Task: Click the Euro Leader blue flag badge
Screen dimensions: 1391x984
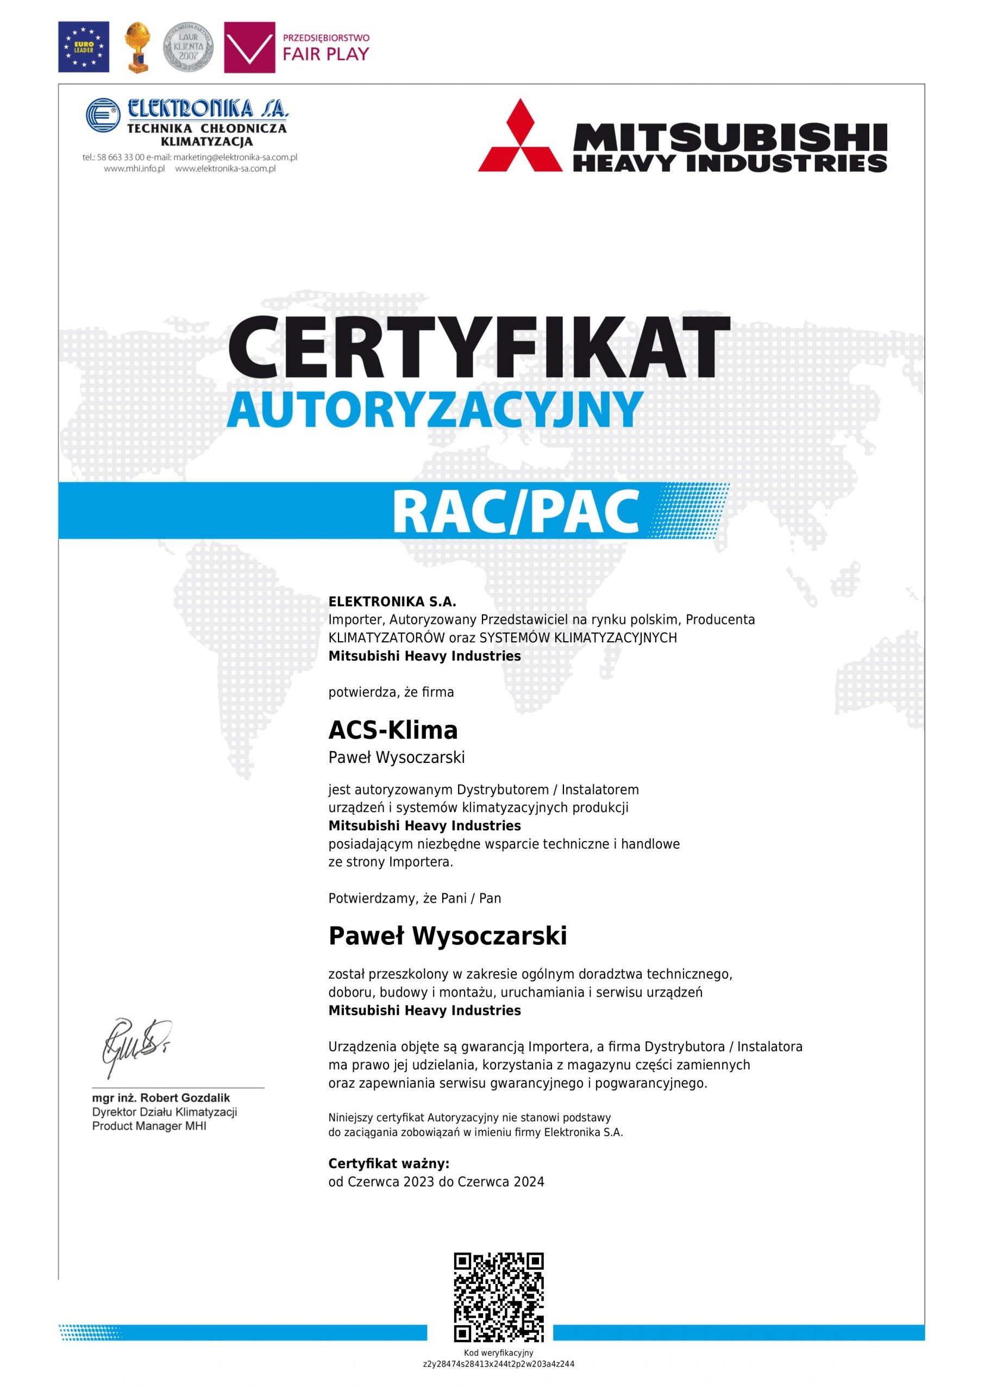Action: [x=84, y=47]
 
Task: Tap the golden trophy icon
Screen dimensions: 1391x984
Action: [x=137, y=47]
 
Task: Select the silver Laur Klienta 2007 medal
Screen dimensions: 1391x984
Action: [x=189, y=47]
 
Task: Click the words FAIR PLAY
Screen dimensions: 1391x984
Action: [x=325, y=54]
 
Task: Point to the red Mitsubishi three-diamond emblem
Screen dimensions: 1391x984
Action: [x=520, y=136]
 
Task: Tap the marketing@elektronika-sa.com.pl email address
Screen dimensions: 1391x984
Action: [x=235, y=158]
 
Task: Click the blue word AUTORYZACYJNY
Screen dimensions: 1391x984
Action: [x=435, y=410]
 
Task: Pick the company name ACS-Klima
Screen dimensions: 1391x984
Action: [x=393, y=731]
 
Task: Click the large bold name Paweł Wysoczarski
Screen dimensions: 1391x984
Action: [x=447, y=936]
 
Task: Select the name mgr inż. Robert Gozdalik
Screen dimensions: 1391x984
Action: [x=161, y=1098]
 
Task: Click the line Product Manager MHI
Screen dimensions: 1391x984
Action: [x=149, y=1126]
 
